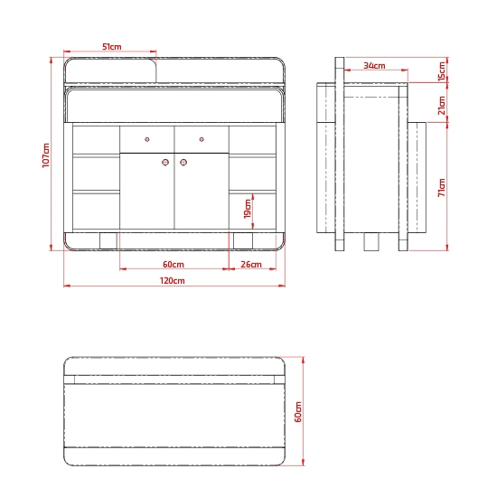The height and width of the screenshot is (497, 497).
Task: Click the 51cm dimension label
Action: click(111, 47)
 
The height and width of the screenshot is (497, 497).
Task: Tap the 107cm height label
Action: click(46, 155)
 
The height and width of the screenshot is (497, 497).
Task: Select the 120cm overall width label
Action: click(172, 281)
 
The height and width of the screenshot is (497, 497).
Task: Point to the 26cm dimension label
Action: click(251, 265)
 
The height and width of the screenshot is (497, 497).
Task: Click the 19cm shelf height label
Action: click(248, 209)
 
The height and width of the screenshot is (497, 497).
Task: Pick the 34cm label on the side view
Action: click(374, 66)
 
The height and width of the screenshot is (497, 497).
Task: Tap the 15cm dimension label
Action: click(442, 71)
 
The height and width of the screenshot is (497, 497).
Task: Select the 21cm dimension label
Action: click(442, 105)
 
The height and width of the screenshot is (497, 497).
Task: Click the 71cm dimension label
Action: click(442, 188)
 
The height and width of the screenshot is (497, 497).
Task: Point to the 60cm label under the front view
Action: click(173, 265)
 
